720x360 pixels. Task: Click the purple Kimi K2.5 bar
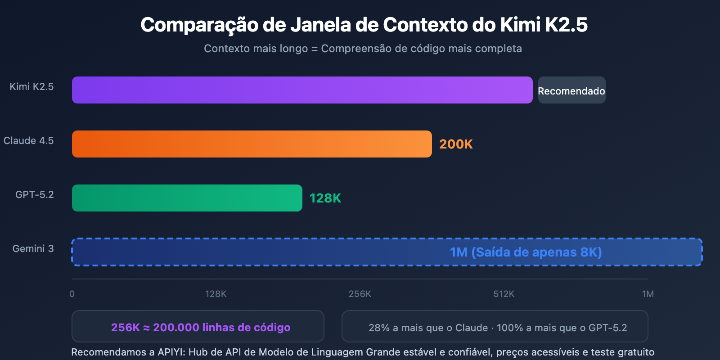pos(302,90)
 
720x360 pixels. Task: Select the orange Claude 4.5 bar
pos(252,144)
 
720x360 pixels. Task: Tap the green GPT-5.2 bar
pos(187,198)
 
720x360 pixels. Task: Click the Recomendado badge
pos(571,90)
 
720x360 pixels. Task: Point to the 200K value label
pos(456,144)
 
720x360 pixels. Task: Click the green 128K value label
pos(325,198)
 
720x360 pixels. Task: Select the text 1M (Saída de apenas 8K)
pos(526,252)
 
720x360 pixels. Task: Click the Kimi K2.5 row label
pos(31,86)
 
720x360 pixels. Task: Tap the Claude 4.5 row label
pos(28,140)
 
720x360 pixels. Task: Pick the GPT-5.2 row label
pos(34,194)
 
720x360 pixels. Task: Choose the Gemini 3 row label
pos(33,248)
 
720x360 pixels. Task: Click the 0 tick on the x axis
pos(72,294)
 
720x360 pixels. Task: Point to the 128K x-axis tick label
pos(216,294)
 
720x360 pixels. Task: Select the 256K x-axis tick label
pos(360,294)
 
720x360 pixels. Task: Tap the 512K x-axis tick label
pos(504,294)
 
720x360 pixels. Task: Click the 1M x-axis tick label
pos(648,294)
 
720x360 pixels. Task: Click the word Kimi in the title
pos(520,25)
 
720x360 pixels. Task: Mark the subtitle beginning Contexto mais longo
pos(363,49)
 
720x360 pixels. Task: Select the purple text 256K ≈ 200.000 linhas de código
pos(201,327)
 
